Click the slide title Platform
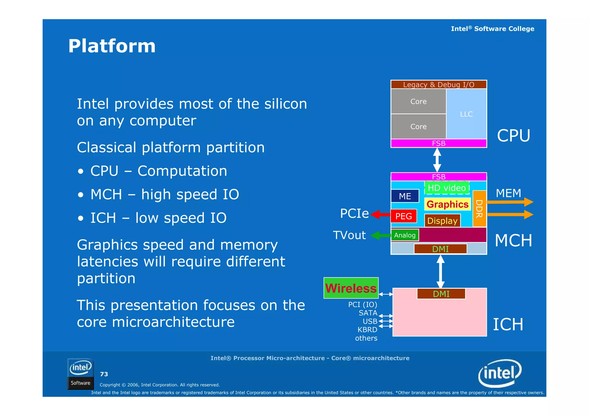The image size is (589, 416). tap(112, 46)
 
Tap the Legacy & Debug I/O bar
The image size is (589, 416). tap(438, 85)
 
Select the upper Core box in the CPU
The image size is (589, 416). tap(418, 101)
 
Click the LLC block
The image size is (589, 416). tap(466, 114)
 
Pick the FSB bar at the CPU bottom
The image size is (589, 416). tap(438, 143)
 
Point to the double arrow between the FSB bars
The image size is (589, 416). tap(437, 160)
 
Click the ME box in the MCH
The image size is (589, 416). tap(405, 196)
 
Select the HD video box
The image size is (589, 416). tap(447, 188)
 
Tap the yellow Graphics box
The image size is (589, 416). tap(447, 204)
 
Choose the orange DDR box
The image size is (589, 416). tap(479, 209)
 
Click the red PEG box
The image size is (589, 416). tap(403, 216)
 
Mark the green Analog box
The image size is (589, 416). tap(405, 235)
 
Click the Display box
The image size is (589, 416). tap(442, 221)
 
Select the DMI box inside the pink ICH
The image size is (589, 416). tap(441, 294)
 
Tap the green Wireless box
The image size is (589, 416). tap(351, 288)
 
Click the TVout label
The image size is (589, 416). tap(349, 235)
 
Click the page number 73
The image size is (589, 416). tap(104, 374)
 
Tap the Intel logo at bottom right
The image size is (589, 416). tap(500, 373)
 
